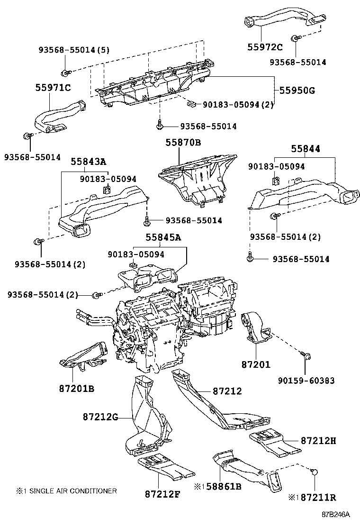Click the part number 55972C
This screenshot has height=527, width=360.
coord(265,46)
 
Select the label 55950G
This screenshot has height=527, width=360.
coord(297,90)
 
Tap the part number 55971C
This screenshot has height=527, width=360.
coord(53,87)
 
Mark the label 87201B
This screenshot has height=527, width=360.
coord(76,389)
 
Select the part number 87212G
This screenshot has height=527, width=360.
coord(100,418)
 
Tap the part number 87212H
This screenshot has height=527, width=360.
coord(318,441)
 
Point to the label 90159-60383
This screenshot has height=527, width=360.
coord(306,380)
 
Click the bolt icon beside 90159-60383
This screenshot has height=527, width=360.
coord(304,355)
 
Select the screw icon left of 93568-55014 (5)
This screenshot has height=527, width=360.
coord(64,73)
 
